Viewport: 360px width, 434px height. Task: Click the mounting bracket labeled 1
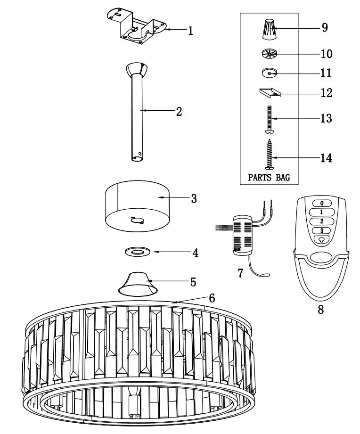[137, 29]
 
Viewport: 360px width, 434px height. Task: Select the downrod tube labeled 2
[137, 113]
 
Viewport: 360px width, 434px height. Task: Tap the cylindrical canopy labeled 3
[137, 207]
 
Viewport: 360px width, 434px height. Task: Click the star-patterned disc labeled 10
[270, 54]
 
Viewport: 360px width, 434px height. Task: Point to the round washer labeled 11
[270, 73]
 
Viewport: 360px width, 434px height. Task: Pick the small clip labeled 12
[269, 93]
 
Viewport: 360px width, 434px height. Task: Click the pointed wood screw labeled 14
[270, 153]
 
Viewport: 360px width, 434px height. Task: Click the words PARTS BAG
[269, 178]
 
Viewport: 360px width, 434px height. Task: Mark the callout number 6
[212, 298]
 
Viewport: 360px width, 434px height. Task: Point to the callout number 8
[320, 310]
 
